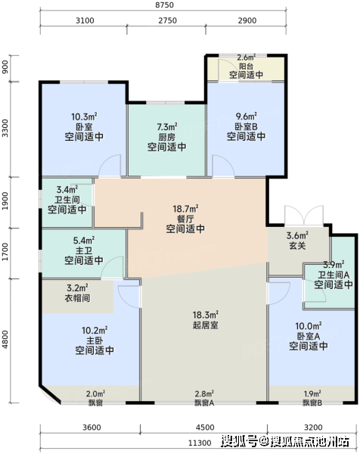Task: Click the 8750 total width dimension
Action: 164,5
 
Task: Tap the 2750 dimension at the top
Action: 167,20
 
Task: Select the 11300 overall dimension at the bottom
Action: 200,443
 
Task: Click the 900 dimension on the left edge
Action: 5,67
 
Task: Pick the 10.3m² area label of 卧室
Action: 84,117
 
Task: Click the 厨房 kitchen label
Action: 166,137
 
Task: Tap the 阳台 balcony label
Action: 247,66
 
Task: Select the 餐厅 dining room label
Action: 185,219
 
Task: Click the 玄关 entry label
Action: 297,246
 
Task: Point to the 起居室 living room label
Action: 206,325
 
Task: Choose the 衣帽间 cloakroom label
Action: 77,298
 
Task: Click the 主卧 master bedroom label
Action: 95,340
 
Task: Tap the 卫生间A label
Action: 334,275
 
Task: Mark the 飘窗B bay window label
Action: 312,403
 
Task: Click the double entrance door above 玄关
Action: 304,215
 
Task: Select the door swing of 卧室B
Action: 223,166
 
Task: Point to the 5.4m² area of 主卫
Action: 84,240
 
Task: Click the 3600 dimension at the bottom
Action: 92,428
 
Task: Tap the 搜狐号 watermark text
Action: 239,441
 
